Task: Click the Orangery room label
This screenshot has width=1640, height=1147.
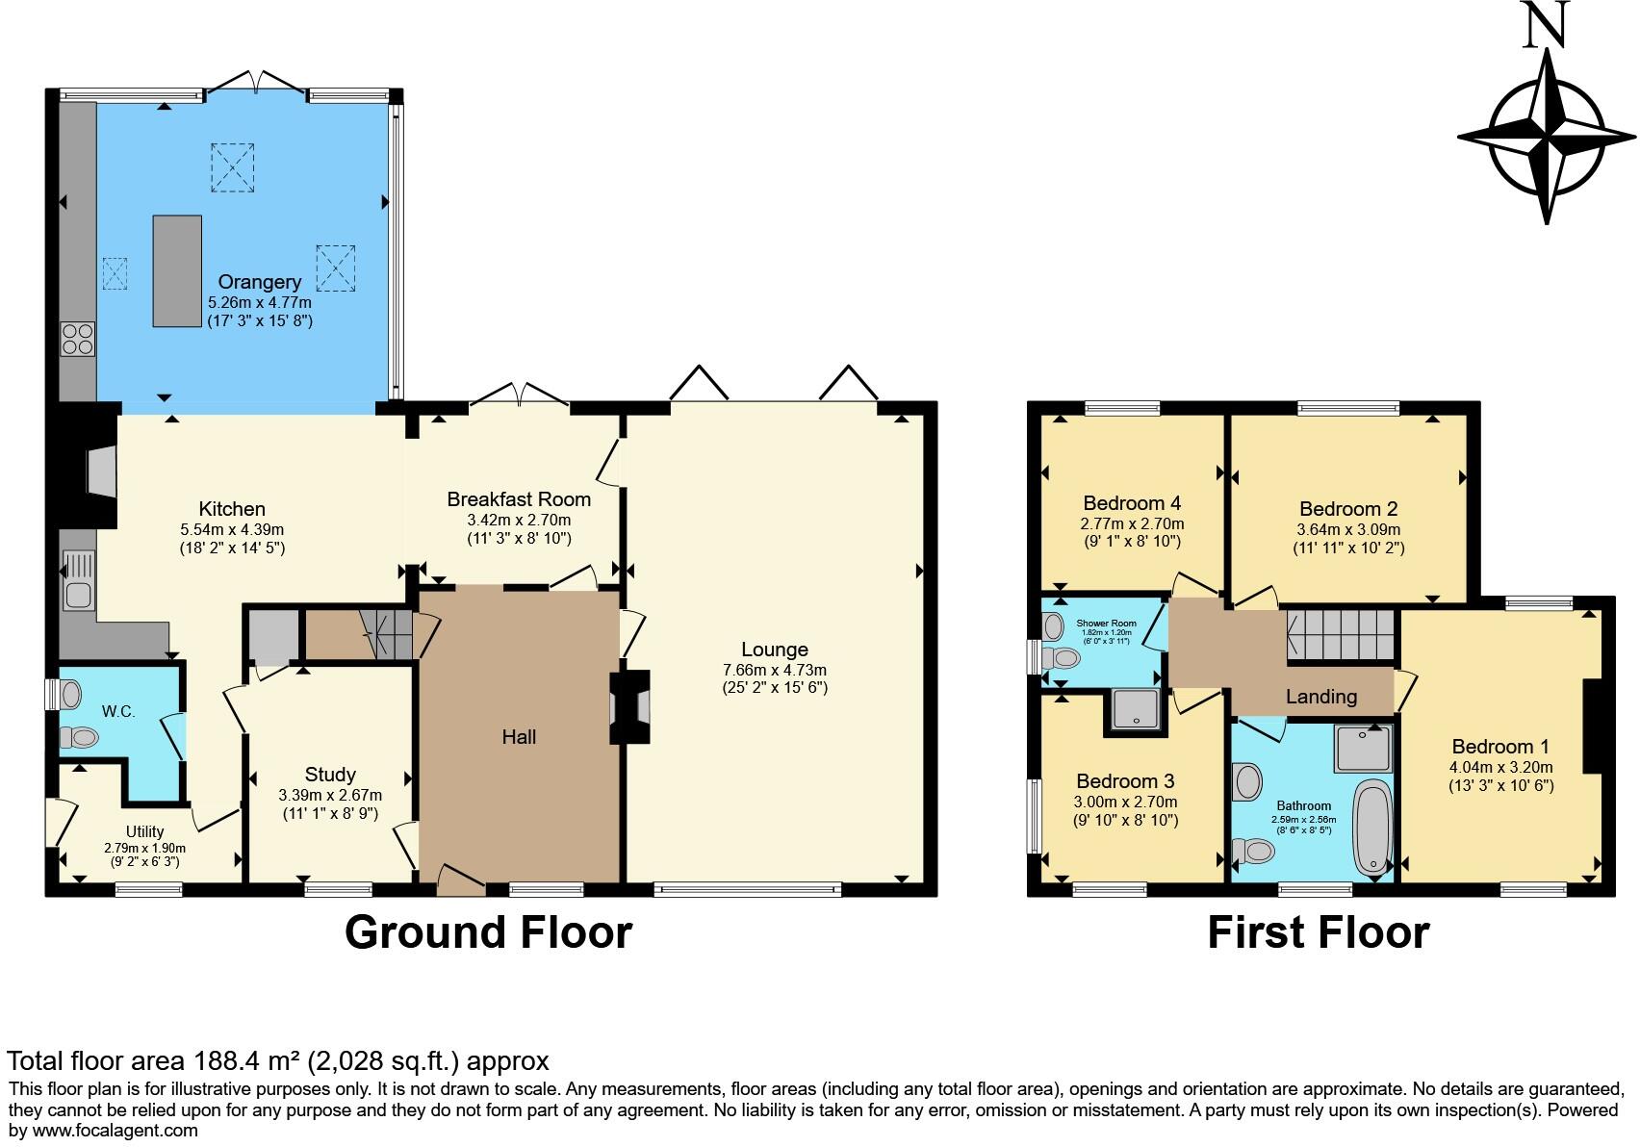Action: coord(259,282)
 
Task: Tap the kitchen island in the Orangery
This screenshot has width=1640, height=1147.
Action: coord(177,271)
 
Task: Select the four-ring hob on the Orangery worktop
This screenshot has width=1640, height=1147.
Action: coord(78,339)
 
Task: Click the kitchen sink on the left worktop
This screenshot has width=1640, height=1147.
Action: coord(79,580)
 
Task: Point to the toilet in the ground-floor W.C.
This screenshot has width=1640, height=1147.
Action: coord(79,738)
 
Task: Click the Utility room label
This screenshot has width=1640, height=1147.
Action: coord(144,831)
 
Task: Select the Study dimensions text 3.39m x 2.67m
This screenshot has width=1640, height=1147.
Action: coord(330,795)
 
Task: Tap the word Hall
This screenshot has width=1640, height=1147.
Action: coord(519,737)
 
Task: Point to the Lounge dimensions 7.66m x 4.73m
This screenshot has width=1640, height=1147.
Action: coord(774,670)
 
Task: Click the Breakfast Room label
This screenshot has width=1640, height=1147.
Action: coord(519,499)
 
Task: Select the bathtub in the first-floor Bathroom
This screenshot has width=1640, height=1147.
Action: coord(1371,828)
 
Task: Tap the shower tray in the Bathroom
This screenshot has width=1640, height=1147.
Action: coord(1363,749)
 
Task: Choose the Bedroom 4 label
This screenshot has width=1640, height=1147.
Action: coord(1132,502)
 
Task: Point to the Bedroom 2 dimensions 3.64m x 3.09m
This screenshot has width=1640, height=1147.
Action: coord(1348,529)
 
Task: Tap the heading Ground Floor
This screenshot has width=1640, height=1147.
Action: coord(488,932)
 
